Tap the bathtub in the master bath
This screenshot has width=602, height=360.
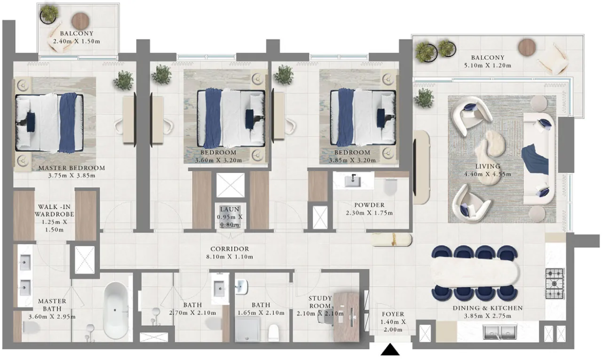point(116,310)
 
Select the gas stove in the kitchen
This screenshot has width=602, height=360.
point(554,283)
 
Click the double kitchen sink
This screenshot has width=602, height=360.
point(500,333)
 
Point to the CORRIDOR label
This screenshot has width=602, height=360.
point(229,249)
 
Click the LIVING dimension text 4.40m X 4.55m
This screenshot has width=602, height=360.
point(487,174)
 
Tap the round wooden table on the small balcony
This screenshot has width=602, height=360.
point(80,21)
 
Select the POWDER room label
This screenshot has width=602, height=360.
point(369,205)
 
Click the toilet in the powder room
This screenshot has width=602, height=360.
point(391,187)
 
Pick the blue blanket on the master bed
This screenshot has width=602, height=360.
point(68,122)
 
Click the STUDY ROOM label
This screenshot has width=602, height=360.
point(320,302)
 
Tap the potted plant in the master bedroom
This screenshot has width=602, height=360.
point(123,80)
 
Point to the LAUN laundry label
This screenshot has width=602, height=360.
point(229,209)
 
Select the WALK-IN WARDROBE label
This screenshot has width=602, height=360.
point(54,211)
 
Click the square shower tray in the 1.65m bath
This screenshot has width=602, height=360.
point(248,329)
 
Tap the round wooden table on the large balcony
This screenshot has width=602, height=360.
point(527,48)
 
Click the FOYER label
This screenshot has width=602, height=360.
point(393,314)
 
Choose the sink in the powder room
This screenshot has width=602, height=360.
point(353,181)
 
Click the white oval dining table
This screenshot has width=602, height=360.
point(475,273)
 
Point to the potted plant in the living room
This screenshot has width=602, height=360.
point(424,98)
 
